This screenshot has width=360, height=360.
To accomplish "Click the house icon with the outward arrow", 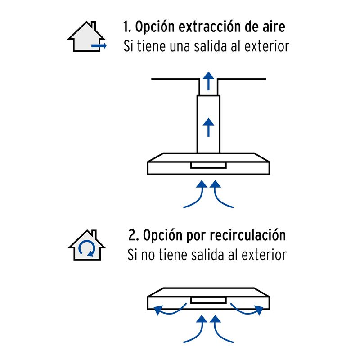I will coord(87,36).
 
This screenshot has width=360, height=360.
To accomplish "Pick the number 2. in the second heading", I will coord(133,236).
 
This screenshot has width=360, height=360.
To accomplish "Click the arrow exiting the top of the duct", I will coord(208,81).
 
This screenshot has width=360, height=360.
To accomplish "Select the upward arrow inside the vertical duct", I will coord(208,127).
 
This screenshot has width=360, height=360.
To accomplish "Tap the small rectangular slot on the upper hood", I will coord(208,166).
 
